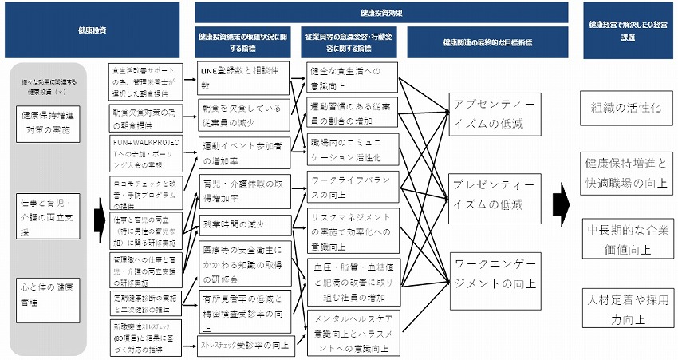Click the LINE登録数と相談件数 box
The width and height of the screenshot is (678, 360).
coord(242,77)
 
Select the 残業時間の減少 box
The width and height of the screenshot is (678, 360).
coord(242,224)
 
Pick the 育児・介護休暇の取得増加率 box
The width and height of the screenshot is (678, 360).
coord(242,189)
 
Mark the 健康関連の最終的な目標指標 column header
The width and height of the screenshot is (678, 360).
coord(486,41)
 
